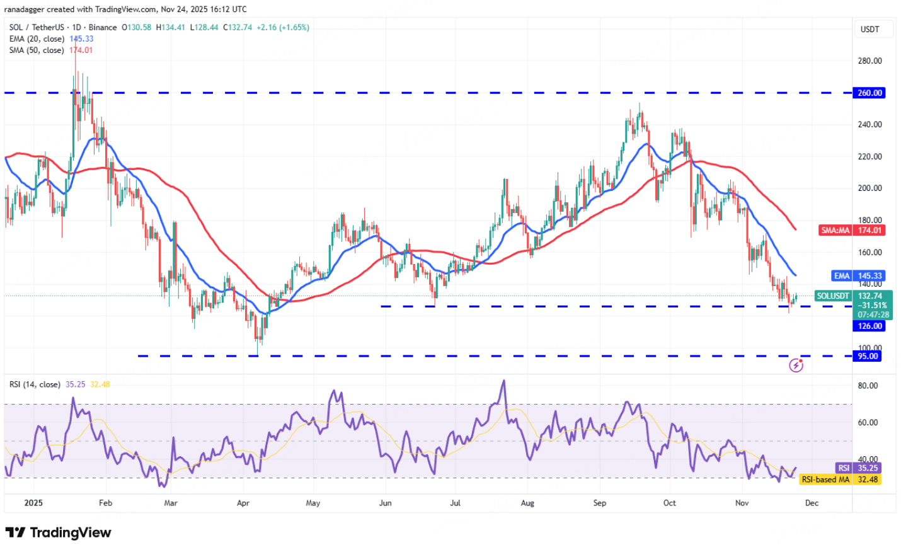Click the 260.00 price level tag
point(869,93)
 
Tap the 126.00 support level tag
point(869,326)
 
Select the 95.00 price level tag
point(867,356)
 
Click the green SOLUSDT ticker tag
point(833,296)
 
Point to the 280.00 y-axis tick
point(869,61)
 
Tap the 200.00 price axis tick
point(869,188)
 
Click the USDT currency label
point(869,30)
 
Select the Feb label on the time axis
point(105,503)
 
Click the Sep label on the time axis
point(600,503)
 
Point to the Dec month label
point(812,503)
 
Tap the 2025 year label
point(33,503)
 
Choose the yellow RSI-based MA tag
point(825,480)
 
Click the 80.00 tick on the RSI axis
point(868,386)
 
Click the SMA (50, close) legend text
point(37,50)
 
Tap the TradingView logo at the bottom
point(59,533)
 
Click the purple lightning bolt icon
point(796,365)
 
